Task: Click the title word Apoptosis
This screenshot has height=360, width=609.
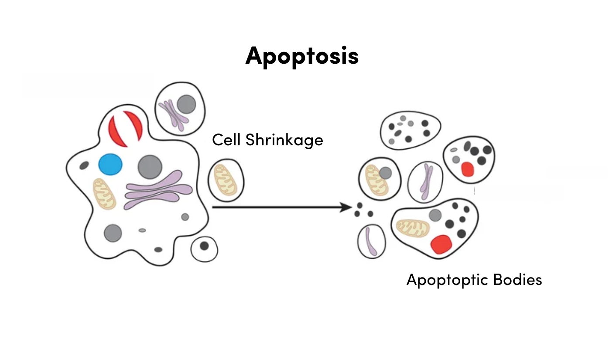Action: pos(302,56)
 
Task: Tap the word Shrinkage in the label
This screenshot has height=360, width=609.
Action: pos(284,140)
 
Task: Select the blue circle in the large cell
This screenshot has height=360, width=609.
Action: pos(110,165)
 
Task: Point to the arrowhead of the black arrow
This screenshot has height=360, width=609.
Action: pos(347,207)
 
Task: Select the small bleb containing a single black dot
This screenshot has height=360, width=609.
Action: pos(204,249)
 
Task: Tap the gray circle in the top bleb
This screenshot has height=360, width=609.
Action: pos(187,104)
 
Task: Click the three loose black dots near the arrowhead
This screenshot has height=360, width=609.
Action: pos(363,210)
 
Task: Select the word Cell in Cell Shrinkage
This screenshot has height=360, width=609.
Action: pos(226,140)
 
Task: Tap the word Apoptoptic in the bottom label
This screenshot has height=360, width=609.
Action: pos(447,280)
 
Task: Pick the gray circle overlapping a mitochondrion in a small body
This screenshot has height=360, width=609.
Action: pos(385,173)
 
